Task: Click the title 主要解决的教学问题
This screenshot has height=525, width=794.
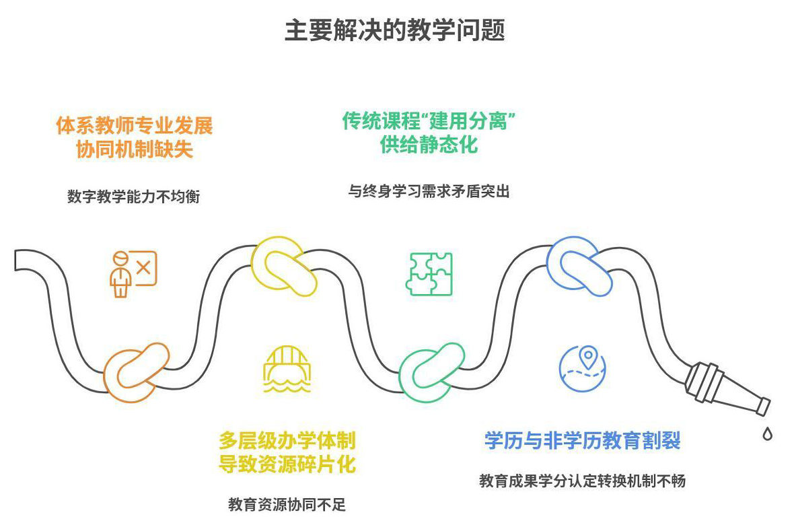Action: [394, 30]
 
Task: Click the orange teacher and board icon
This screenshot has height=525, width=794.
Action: [134, 274]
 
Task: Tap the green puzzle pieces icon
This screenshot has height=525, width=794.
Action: [429, 274]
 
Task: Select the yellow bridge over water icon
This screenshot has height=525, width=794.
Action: [287, 370]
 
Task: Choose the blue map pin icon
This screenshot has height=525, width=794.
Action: [582, 368]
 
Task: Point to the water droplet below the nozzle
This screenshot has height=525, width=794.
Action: [768, 433]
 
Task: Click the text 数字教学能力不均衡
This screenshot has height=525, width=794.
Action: [134, 196]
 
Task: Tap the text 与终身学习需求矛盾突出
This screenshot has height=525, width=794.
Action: [429, 192]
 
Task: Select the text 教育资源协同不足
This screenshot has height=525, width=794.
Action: [287, 504]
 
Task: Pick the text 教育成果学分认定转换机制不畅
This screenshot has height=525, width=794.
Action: [582, 481]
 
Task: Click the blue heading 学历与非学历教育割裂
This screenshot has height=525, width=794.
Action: [582, 440]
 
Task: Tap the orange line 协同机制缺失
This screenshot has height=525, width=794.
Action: [135, 149]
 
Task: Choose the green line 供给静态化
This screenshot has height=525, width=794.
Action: [429, 145]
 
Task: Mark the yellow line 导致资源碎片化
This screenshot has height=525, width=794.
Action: [287, 464]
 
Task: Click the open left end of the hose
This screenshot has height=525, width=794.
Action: [15, 260]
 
